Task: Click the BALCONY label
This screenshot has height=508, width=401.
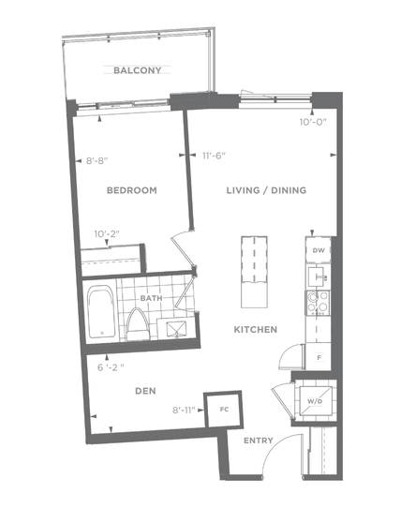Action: pos(138,70)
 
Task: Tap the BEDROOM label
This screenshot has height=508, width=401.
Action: pos(132,190)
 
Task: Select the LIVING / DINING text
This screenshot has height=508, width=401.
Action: pos(266,190)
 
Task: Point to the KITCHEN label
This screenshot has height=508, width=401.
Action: pos(256,330)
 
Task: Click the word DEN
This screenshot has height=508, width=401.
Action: pos(145,391)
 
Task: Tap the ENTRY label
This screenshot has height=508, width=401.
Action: pos(259,441)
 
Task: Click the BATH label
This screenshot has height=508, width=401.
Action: pos(151,298)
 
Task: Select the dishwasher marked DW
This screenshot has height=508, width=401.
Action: pos(318,250)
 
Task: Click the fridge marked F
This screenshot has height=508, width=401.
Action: pos(319,357)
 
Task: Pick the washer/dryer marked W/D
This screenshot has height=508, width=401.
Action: pos(315,401)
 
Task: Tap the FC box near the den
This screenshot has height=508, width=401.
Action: pos(224,410)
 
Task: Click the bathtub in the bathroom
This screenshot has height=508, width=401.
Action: pos(101,311)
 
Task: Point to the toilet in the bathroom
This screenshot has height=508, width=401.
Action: pos(138,324)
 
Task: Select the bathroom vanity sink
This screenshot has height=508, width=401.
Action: pos(176,329)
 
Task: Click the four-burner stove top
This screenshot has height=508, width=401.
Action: pos(318,303)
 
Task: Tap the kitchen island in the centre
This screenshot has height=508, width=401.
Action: pos(254,272)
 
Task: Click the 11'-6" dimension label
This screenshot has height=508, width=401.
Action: pos(214,156)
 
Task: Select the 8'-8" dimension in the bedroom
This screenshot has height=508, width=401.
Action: pos(97,161)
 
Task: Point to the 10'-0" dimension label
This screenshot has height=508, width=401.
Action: pos(313,122)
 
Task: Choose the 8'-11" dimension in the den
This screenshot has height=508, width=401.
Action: pos(184,411)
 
